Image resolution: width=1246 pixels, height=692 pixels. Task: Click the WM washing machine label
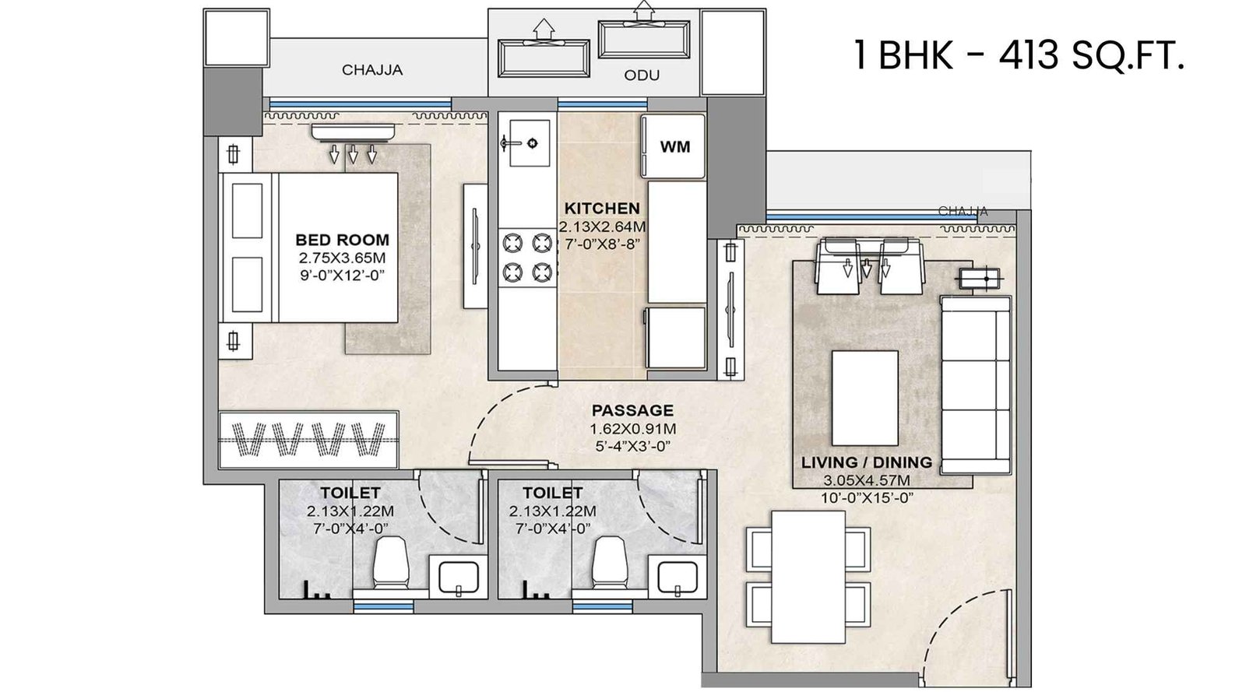click(x=674, y=146)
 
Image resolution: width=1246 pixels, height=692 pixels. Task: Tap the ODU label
click(x=642, y=75)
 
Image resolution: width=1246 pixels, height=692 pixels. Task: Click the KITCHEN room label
click(x=601, y=209)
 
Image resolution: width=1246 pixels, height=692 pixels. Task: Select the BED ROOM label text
click(x=342, y=240)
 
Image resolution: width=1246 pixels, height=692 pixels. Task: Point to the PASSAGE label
click(x=632, y=410)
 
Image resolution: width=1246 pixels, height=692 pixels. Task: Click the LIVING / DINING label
click(x=866, y=463)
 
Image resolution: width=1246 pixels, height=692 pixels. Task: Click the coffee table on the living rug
click(x=864, y=396)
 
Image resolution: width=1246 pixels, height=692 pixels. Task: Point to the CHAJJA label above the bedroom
click(x=372, y=70)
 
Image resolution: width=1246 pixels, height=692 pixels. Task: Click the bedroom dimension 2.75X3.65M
click(x=341, y=258)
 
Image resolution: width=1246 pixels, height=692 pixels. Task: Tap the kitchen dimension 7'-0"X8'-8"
click(x=601, y=243)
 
